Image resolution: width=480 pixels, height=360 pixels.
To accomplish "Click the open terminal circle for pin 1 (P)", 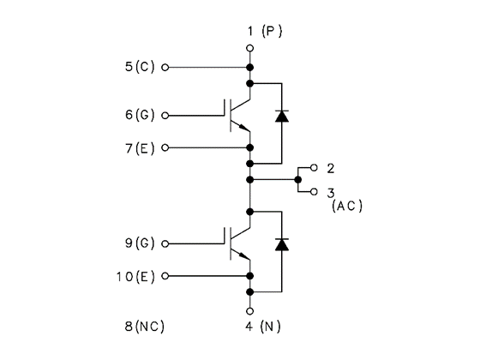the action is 249,48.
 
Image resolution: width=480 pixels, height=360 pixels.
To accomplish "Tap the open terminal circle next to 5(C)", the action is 165,68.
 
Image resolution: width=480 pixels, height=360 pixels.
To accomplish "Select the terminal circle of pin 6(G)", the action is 165,116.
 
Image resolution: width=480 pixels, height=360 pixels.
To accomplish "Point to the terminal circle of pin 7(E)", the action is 165,147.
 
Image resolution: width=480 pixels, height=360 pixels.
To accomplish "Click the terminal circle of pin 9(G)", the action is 165,243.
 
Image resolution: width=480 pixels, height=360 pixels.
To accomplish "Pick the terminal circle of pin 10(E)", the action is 165,276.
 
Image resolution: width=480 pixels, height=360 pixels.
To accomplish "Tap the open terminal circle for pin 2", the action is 314,167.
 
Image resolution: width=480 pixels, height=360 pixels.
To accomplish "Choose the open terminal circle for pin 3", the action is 314,192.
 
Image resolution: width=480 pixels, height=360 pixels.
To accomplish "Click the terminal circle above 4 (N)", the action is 249,311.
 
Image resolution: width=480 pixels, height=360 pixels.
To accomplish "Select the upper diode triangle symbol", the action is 282,117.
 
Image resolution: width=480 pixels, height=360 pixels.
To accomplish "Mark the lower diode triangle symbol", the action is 282,244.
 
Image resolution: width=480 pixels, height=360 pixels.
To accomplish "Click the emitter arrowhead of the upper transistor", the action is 244,128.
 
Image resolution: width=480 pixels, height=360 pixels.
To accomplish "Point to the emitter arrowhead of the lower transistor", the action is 244,255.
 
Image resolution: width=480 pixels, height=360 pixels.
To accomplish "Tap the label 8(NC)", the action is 145,327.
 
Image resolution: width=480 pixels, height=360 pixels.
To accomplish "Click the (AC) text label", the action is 347,206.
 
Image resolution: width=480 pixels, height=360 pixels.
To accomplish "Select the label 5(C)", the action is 140,67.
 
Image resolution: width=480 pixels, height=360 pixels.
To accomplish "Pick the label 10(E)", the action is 135,277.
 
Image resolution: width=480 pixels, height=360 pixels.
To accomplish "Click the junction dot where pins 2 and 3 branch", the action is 298,180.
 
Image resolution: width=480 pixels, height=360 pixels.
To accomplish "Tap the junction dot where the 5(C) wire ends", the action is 249,68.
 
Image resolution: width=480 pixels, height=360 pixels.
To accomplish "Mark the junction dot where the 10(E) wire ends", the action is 249,276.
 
